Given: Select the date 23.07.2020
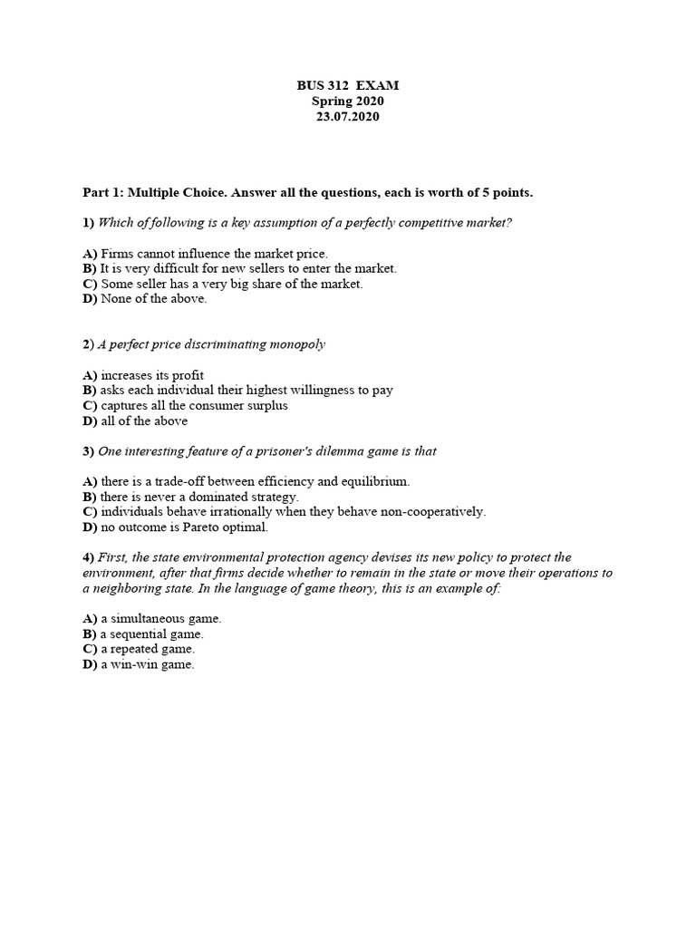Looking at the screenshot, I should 348,117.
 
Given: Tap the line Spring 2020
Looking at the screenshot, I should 348,101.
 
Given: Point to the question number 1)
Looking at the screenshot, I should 88,223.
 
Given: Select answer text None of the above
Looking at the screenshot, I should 153,299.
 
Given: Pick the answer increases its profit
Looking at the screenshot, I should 151,375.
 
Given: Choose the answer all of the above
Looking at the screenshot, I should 144,421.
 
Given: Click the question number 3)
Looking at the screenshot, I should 88,451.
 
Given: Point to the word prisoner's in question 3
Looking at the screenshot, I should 279,451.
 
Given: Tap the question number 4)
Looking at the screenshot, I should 88,557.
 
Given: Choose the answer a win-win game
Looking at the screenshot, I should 148,664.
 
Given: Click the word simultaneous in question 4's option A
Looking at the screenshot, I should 149,619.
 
